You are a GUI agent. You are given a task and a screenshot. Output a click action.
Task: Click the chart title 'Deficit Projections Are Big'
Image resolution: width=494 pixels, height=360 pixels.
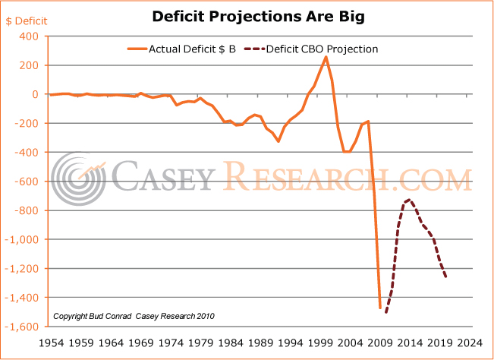(x=247, y=15)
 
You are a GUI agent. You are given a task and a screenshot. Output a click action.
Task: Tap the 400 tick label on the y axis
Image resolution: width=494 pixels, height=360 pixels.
(x=27, y=36)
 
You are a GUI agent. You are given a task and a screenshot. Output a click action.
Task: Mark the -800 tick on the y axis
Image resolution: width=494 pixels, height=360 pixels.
(x=24, y=210)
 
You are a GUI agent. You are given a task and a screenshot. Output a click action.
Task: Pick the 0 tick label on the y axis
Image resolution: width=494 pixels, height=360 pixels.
(x=34, y=94)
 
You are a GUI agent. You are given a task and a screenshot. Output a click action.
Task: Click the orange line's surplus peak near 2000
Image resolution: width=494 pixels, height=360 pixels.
(x=326, y=57)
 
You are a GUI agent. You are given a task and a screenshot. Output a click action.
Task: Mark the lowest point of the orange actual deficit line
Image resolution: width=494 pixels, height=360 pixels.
(x=380, y=308)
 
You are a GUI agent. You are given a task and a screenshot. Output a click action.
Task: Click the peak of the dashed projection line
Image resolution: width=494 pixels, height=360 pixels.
(x=410, y=200)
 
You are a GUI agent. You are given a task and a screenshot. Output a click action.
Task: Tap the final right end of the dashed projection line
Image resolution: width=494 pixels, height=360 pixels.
(x=445, y=277)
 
